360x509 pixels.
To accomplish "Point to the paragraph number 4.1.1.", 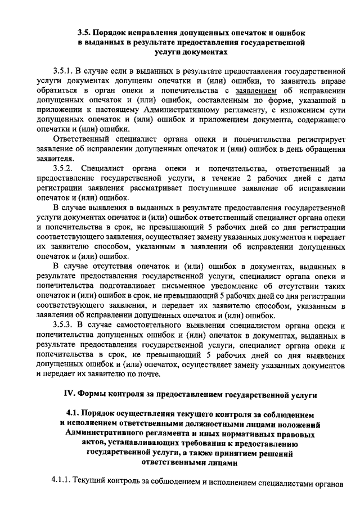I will coord(61,482).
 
